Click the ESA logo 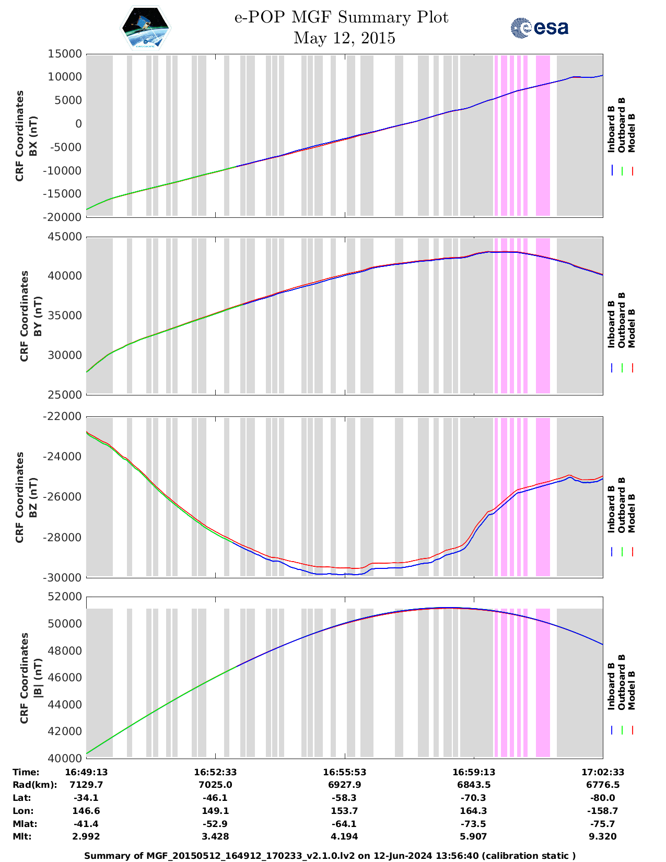coord(539,28)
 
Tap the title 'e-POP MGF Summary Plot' coord(341,17)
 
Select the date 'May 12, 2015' coord(344,38)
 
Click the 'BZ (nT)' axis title coord(33,497)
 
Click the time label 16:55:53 coord(344,772)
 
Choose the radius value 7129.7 coord(86,785)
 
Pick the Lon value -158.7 coord(603,811)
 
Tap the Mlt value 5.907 coord(474,836)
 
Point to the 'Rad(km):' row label coord(34,785)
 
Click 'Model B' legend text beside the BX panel coord(631,133)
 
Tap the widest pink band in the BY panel coord(543,316)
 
